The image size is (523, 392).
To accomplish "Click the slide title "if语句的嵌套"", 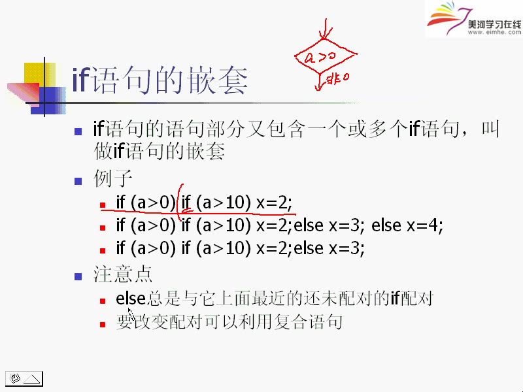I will click(160, 81).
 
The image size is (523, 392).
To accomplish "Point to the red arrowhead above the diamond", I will click(325, 35).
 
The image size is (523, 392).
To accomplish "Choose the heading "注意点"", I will click(123, 273).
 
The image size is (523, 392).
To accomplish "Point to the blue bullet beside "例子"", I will click(78, 180).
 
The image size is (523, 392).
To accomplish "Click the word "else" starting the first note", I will click(130, 299).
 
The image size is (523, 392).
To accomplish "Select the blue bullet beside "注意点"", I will click(78, 276).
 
